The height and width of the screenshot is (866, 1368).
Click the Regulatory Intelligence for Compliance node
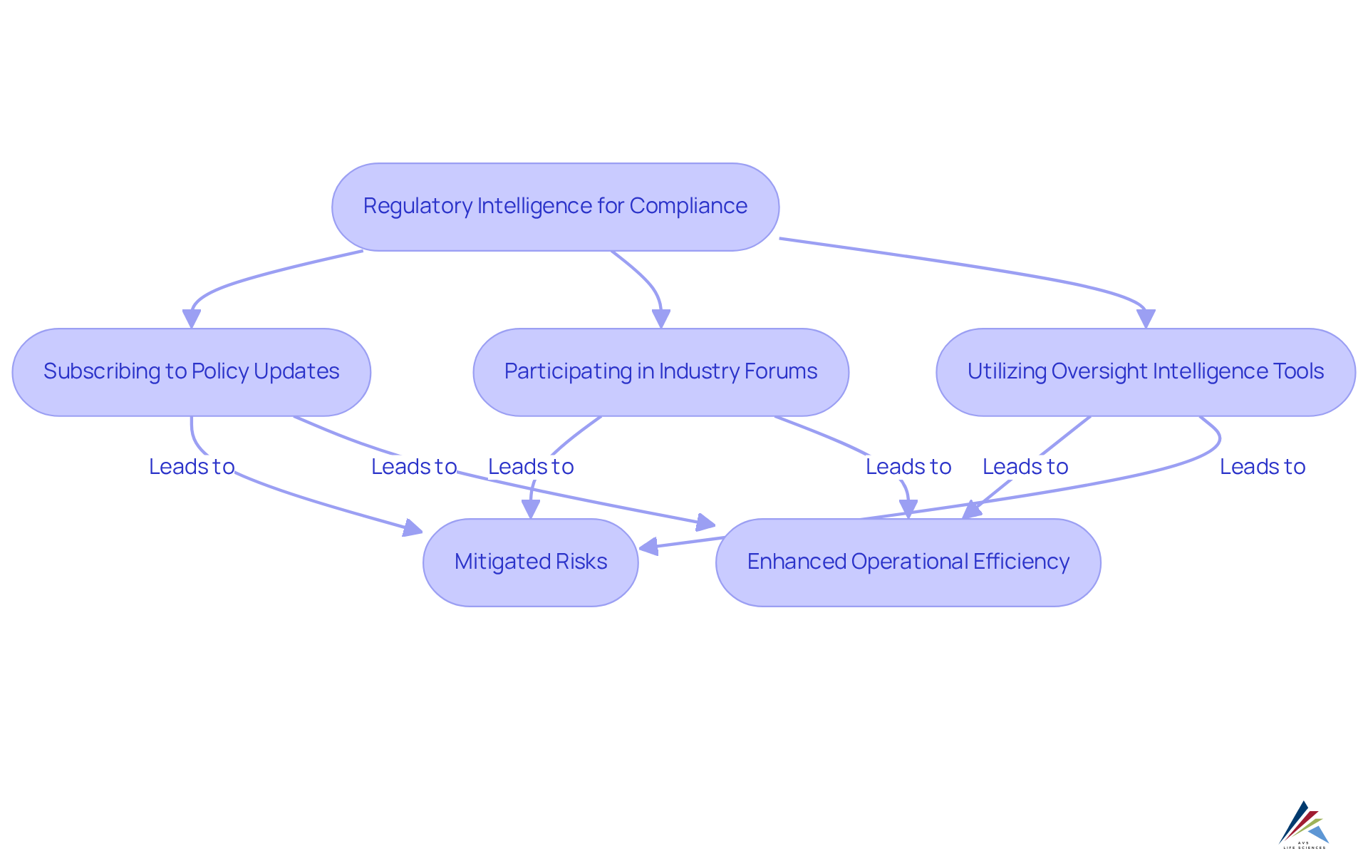click(x=555, y=207)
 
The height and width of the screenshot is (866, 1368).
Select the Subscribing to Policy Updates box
click(x=191, y=372)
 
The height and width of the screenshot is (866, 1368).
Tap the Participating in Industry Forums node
click(x=660, y=372)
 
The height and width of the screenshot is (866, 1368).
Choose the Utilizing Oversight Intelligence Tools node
click(x=1145, y=372)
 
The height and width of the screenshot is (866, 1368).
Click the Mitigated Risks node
click(x=530, y=562)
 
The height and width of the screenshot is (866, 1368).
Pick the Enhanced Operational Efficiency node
click(x=908, y=562)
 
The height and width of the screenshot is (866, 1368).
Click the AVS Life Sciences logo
click(x=1304, y=825)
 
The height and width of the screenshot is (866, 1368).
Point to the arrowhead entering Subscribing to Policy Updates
click(x=191, y=319)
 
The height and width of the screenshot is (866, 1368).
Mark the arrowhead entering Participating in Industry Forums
click(x=661, y=319)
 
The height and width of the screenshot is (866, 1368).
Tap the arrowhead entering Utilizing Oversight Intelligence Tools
click(x=1146, y=319)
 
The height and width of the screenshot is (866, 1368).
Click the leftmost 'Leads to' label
click(x=192, y=467)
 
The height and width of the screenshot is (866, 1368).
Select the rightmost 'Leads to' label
click(x=1263, y=467)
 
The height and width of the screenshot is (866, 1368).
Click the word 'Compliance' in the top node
click(x=688, y=206)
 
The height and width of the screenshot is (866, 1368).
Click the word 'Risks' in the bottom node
click(x=581, y=562)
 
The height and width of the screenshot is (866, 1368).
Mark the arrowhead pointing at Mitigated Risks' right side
click(x=648, y=547)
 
